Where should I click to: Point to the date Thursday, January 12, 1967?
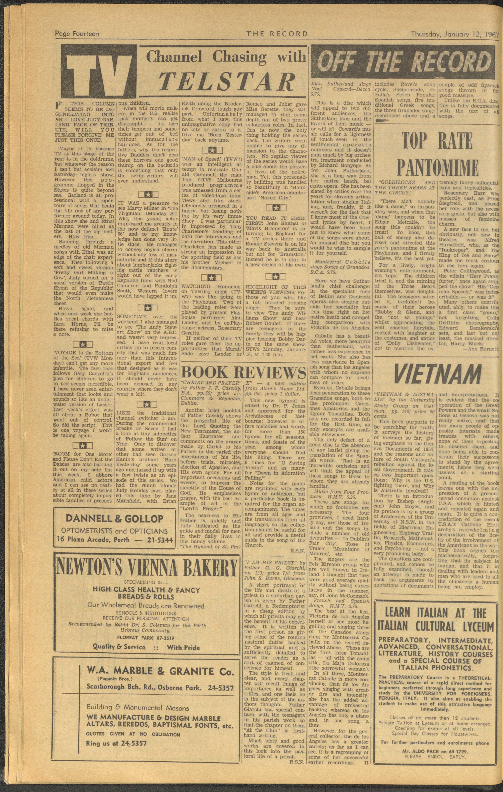(454, 34)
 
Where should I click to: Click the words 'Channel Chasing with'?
(225, 57)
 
